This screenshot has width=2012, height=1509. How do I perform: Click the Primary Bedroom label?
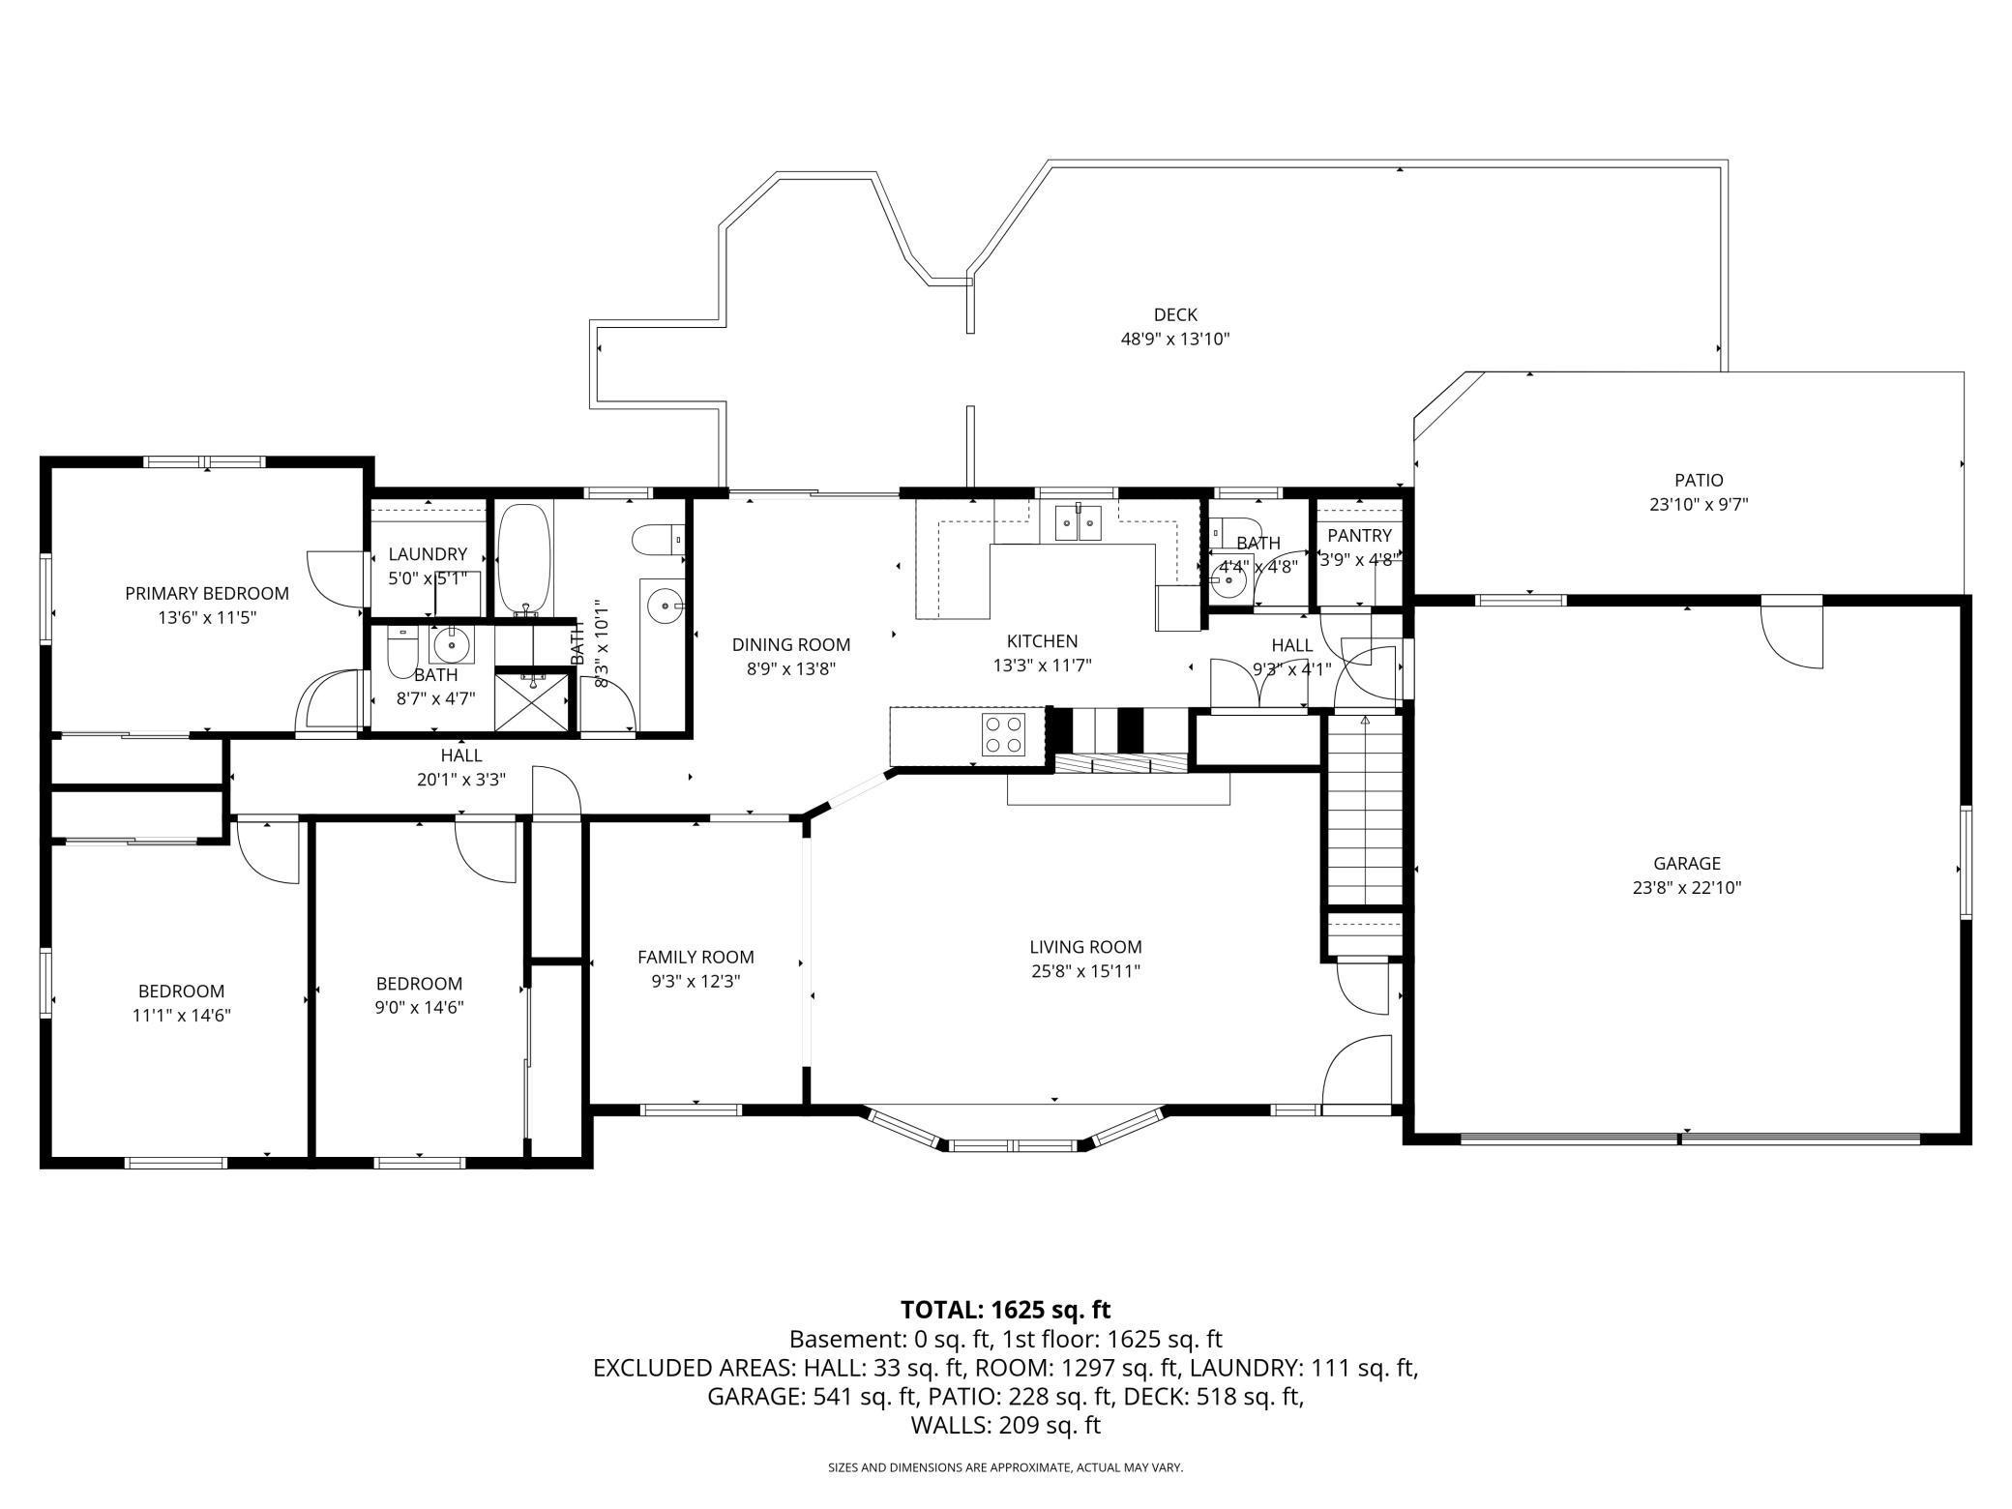(207, 593)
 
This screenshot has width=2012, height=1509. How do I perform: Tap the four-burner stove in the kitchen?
(1003, 734)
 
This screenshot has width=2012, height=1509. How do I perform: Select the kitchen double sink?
(1078, 524)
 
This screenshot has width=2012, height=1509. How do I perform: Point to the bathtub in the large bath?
(524, 558)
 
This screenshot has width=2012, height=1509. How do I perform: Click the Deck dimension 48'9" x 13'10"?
(1175, 340)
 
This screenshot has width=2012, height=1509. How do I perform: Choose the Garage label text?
(1686, 863)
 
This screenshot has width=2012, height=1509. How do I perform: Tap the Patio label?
(1699, 480)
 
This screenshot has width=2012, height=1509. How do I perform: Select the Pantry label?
(1359, 536)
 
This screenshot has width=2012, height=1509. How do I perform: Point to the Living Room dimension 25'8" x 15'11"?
(1085, 971)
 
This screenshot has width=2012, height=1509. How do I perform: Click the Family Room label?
(695, 957)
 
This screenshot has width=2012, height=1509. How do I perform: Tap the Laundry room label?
(428, 554)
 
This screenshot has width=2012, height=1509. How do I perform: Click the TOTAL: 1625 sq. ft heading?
(1005, 1310)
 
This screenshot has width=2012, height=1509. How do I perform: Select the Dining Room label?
(790, 644)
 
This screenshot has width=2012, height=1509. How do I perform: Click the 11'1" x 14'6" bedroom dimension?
(182, 1015)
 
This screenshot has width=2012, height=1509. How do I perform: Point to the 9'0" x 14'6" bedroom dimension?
(419, 1007)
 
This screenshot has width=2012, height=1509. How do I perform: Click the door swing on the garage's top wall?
(1792, 636)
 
